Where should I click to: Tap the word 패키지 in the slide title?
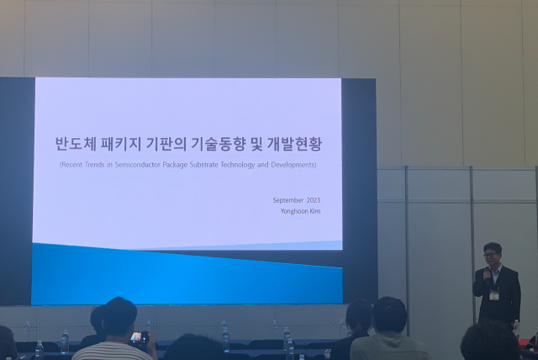click(127, 144)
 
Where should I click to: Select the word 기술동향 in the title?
click(218, 144)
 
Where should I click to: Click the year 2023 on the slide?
click(313, 199)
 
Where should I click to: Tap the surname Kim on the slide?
click(314, 210)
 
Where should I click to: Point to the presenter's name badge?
click(494, 295)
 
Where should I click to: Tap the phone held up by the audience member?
click(138, 337)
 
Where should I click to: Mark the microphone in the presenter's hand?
click(486, 272)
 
